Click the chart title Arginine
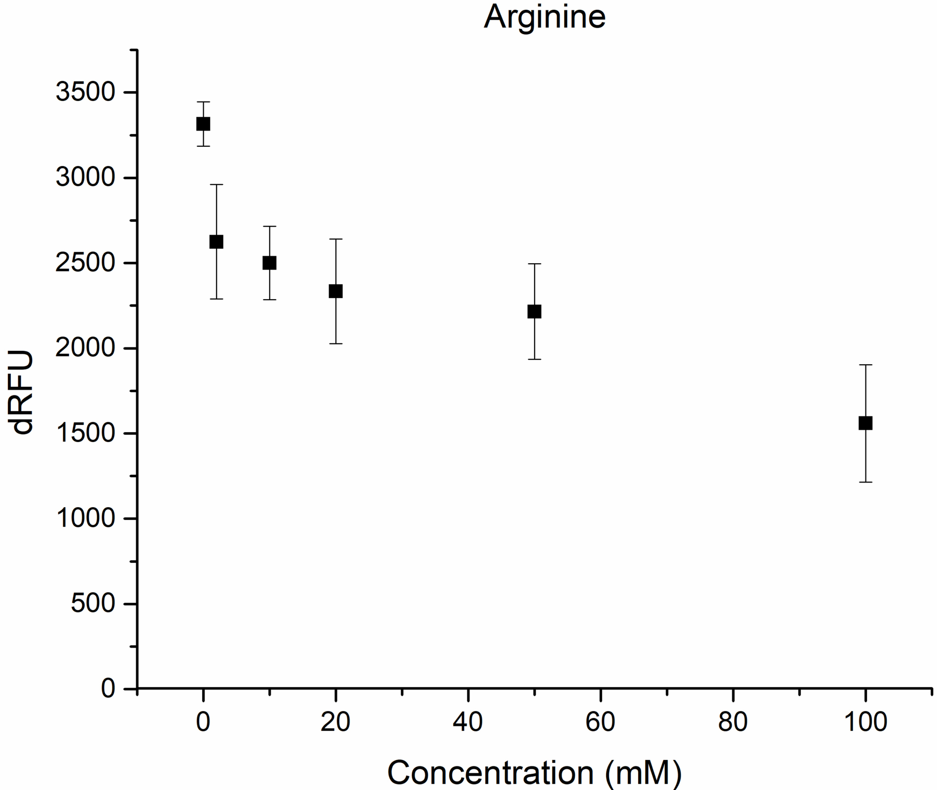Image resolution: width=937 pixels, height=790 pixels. (544, 17)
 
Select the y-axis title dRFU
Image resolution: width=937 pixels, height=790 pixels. (23, 392)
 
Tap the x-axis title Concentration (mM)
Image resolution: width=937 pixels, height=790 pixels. (534, 772)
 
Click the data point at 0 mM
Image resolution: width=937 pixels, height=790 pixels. (203, 124)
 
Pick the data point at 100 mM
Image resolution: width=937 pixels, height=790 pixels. (865, 423)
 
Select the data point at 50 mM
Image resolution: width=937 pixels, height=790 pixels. (535, 311)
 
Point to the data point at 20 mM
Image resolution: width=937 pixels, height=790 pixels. (336, 291)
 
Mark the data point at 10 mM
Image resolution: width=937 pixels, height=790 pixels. (269, 263)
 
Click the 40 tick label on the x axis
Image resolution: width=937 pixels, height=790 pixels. (468, 721)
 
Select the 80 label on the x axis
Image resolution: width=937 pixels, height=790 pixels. (733, 721)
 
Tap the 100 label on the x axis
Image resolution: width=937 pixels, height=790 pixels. (865, 721)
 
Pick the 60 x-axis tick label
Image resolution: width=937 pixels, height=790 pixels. (601, 721)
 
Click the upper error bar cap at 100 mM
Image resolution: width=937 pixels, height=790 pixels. (865, 365)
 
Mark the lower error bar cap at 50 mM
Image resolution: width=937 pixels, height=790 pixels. (535, 359)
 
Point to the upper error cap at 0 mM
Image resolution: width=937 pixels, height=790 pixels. (203, 102)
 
